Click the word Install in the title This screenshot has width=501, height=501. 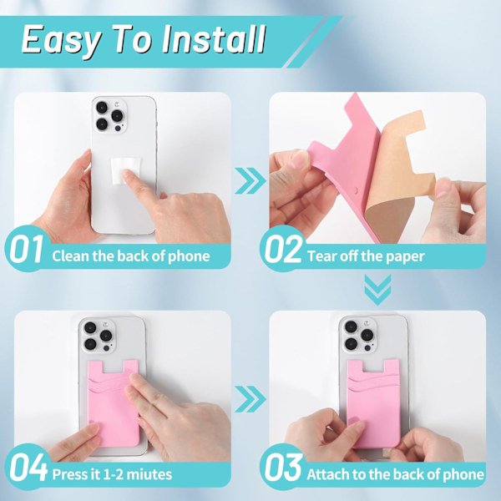(x=214, y=39)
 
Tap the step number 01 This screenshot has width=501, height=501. (x=26, y=249)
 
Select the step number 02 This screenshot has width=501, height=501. (x=283, y=249)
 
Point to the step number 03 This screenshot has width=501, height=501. (x=283, y=467)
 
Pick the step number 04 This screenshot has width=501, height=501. (x=28, y=467)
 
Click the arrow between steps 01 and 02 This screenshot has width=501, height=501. (x=250, y=181)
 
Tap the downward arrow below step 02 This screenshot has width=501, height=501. (x=377, y=290)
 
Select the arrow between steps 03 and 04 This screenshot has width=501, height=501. (x=250, y=399)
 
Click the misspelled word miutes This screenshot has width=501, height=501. (x=149, y=474)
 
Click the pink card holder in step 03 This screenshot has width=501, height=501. (x=374, y=403)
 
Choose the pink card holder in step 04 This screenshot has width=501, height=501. (x=114, y=403)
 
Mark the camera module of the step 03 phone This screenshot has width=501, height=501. (x=359, y=335)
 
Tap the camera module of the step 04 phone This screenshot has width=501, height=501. (x=99, y=337)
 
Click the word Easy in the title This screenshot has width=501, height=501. (x=61, y=42)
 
